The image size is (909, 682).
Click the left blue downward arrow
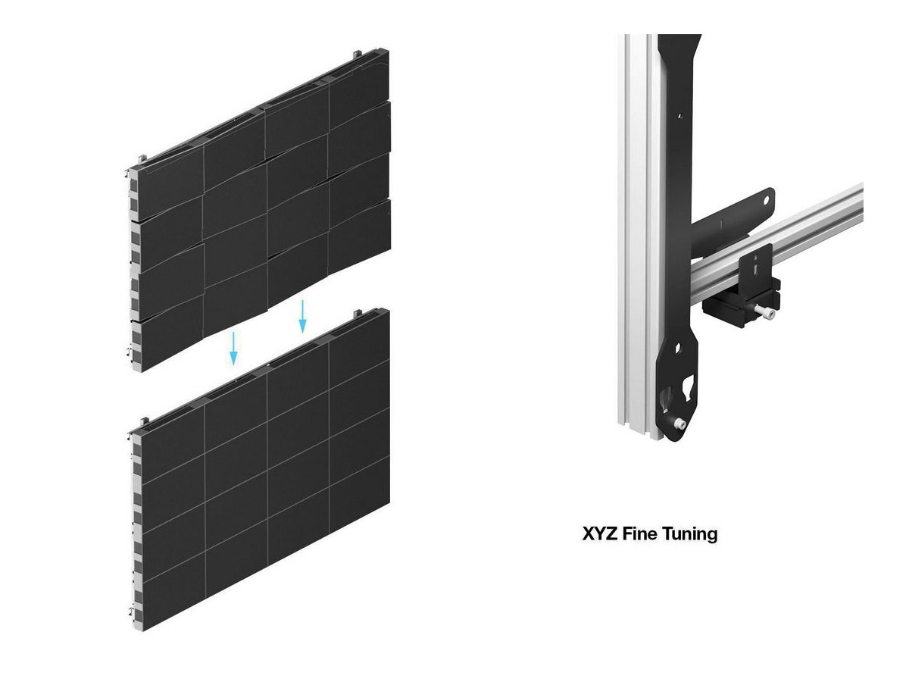click(233, 349)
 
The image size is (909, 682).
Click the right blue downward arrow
click(302, 316)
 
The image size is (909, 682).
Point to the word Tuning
click(689, 534)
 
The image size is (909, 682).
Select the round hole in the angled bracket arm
click(766, 201)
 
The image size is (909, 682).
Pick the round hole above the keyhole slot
click(678, 349)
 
